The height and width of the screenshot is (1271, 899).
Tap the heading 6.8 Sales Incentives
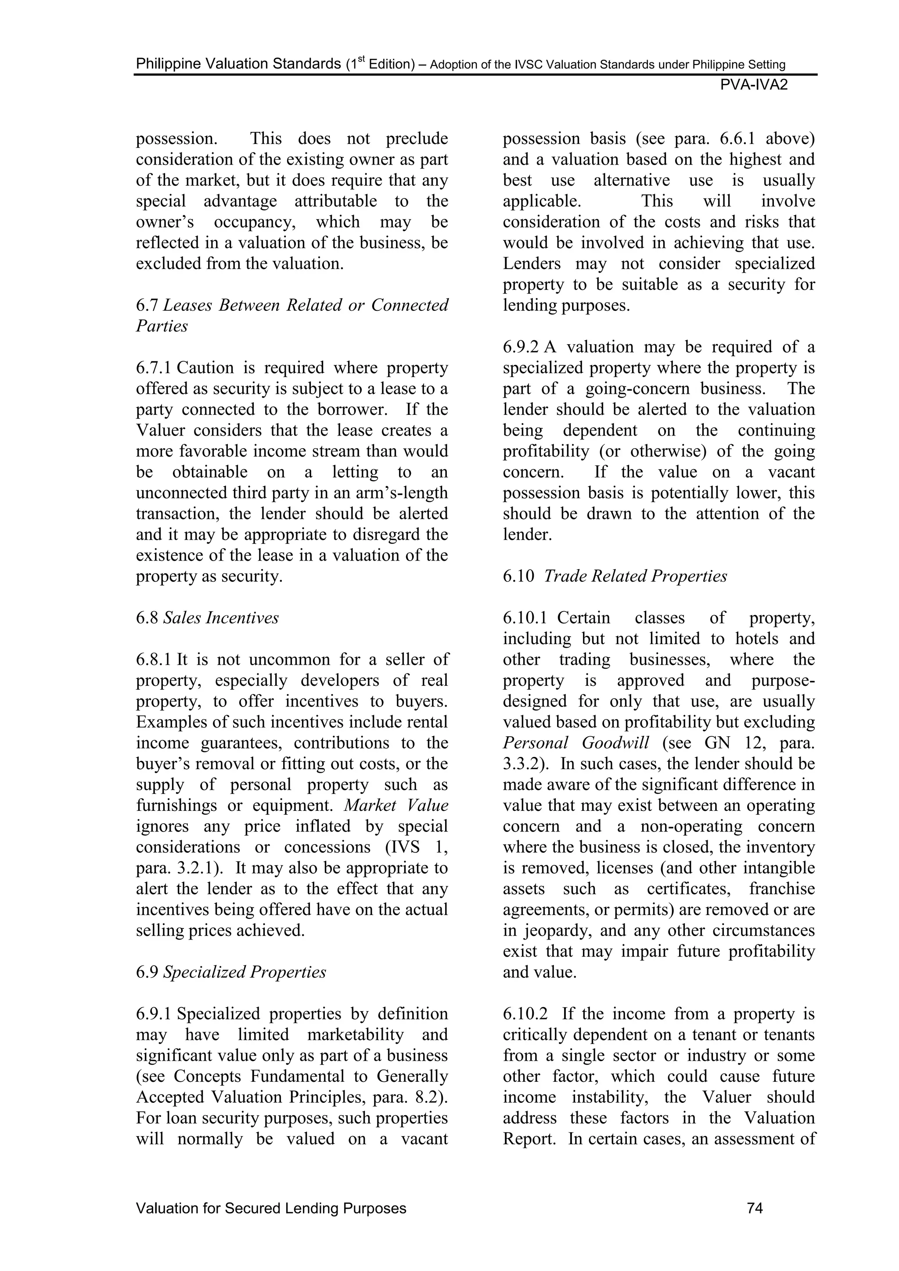pyautogui.click(x=207, y=618)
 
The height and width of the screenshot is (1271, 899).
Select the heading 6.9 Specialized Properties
pyautogui.click(x=231, y=972)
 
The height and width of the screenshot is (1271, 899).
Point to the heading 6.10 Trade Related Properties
pyautogui.click(x=615, y=576)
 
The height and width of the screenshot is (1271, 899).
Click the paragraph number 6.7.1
pyautogui.click(x=154, y=368)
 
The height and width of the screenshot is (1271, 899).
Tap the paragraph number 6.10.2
pyautogui.click(x=525, y=1014)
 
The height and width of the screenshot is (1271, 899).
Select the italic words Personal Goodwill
pyautogui.click(x=576, y=743)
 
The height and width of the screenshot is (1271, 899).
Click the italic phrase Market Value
pyautogui.click(x=396, y=806)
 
